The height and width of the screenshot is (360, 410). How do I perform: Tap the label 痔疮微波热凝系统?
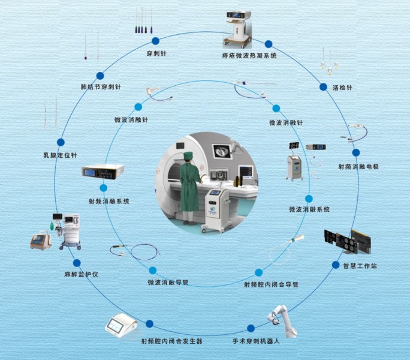tap(249, 56)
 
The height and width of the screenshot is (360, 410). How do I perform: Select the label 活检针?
tap(342, 88)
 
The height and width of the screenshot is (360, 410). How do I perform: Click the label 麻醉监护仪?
tap(80, 274)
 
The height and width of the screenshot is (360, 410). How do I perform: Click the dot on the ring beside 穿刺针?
tap(155, 41)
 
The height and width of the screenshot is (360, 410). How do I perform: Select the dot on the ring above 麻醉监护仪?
tap(77, 263)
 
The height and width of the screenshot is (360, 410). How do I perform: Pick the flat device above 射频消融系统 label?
tap(103, 172)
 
